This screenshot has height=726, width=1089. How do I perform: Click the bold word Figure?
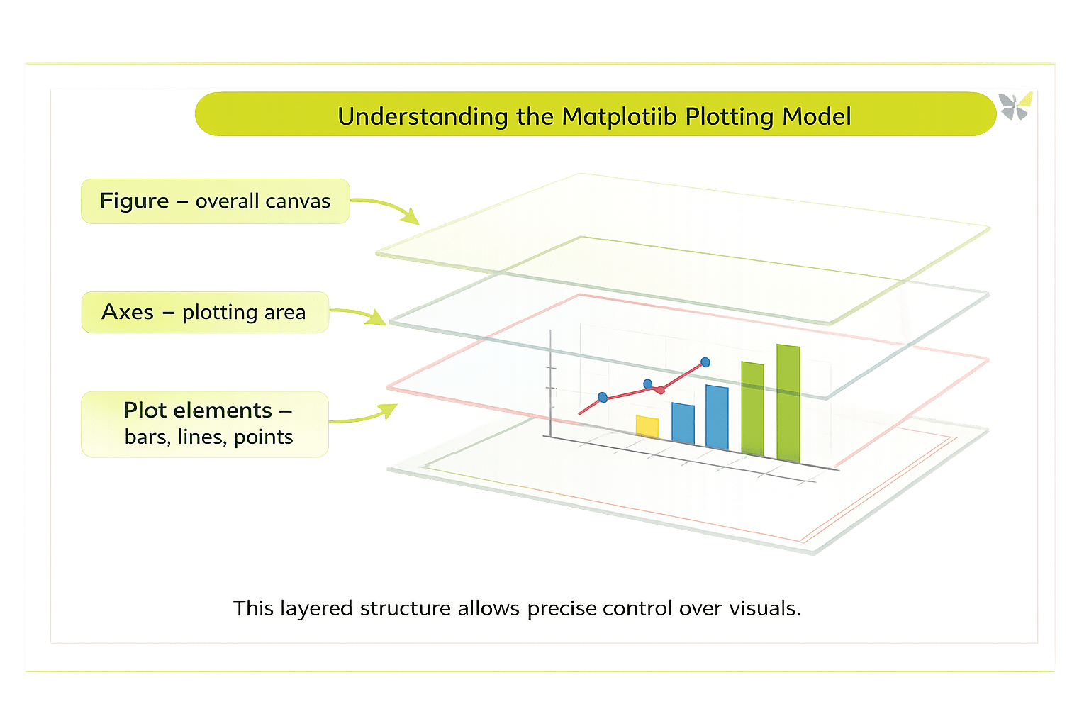pyautogui.click(x=134, y=201)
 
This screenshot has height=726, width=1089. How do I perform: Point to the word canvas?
pyautogui.click(x=298, y=201)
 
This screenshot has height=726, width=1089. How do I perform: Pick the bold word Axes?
pyautogui.click(x=128, y=312)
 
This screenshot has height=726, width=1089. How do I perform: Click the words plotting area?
pyautogui.click(x=244, y=313)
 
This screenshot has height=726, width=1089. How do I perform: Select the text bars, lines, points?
pyautogui.click(x=208, y=437)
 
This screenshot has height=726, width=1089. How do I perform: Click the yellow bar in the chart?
pyautogui.click(x=647, y=427)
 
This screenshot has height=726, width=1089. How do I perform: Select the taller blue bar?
pyautogui.click(x=717, y=417)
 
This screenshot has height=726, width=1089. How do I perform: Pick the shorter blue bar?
pyautogui.click(x=683, y=423)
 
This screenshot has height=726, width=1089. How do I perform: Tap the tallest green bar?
pyautogui.click(x=788, y=402)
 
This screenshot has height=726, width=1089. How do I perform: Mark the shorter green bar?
pyautogui.click(x=752, y=408)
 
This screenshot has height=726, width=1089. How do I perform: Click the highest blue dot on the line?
pyautogui.click(x=705, y=362)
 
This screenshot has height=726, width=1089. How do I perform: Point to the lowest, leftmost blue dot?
pyautogui.click(x=603, y=397)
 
